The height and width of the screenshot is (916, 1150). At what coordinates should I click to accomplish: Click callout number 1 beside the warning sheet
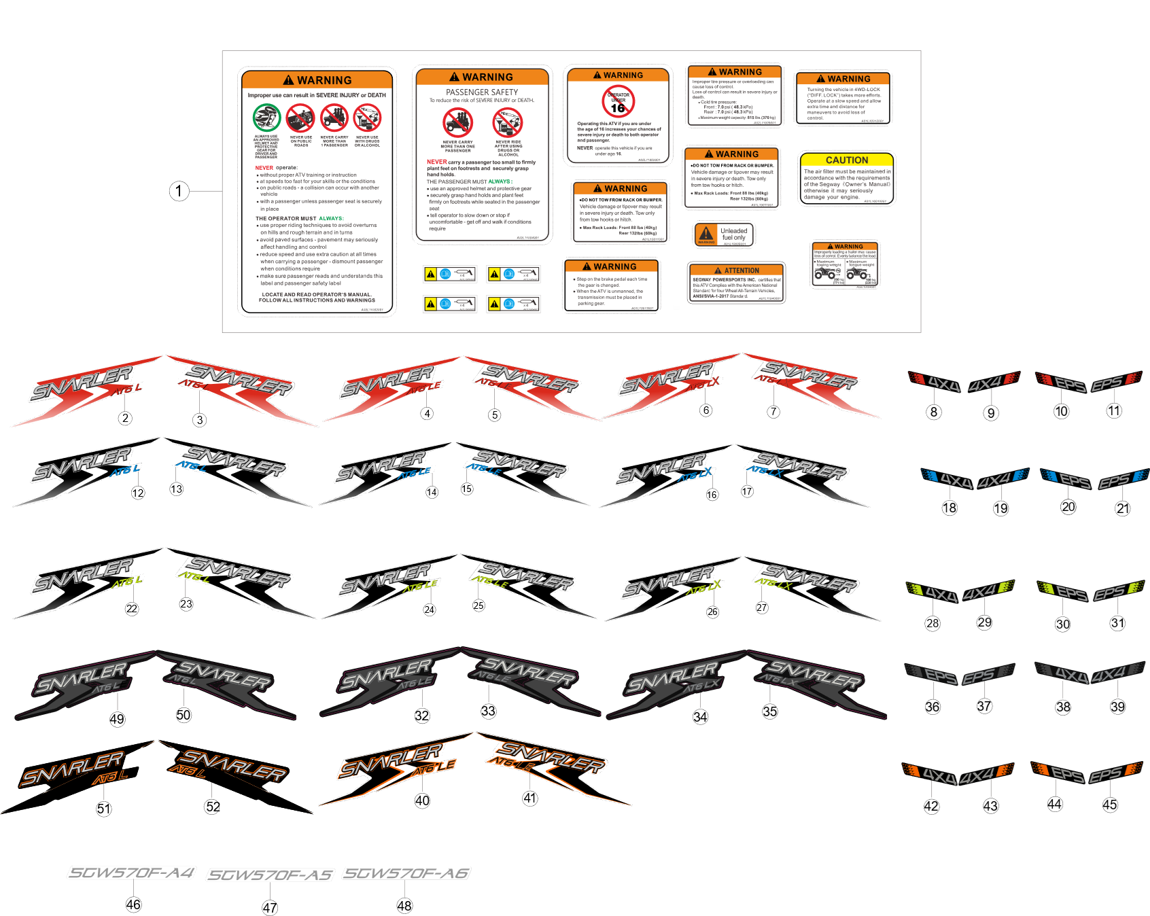(x=179, y=191)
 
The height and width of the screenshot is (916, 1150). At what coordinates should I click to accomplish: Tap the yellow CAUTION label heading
(x=846, y=160)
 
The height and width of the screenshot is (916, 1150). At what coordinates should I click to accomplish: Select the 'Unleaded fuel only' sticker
(x=725, y=234)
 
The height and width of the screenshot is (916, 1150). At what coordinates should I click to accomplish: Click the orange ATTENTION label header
(x=736, y=270)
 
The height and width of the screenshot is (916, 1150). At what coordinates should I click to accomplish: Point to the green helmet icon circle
(x=266, y=118)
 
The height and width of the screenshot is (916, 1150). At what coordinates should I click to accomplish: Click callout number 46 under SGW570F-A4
(x=133, y=904)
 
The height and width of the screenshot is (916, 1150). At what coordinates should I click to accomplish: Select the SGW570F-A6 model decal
(x=406, y=874)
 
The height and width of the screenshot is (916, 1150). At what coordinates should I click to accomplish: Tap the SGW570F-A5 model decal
(x=270, y=875)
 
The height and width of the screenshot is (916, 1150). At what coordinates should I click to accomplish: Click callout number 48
(x=404, y=906)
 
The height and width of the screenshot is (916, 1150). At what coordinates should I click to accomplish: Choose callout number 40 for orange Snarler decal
(x=422, y=800)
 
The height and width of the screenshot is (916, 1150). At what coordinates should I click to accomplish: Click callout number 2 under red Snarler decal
(x=125, y=419)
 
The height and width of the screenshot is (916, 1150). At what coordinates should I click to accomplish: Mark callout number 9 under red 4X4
(x=991, y=413)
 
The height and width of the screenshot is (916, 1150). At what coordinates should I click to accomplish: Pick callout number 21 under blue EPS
(x=1122, y=508)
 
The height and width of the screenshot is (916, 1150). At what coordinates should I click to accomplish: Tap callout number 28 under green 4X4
(x=933, y=623)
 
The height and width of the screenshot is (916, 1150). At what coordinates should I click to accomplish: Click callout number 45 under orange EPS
(x=1110, y=805)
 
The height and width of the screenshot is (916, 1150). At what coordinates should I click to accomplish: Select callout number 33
(x=489, y=711)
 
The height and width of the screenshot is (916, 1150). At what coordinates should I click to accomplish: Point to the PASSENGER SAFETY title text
(x=482, y=92)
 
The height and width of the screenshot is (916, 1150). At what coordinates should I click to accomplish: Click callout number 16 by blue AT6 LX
(x=712, y=495)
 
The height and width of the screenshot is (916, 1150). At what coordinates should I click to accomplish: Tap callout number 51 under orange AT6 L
(x=103, y=809)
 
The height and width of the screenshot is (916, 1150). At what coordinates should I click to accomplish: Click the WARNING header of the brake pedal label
(x=610, y=266)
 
